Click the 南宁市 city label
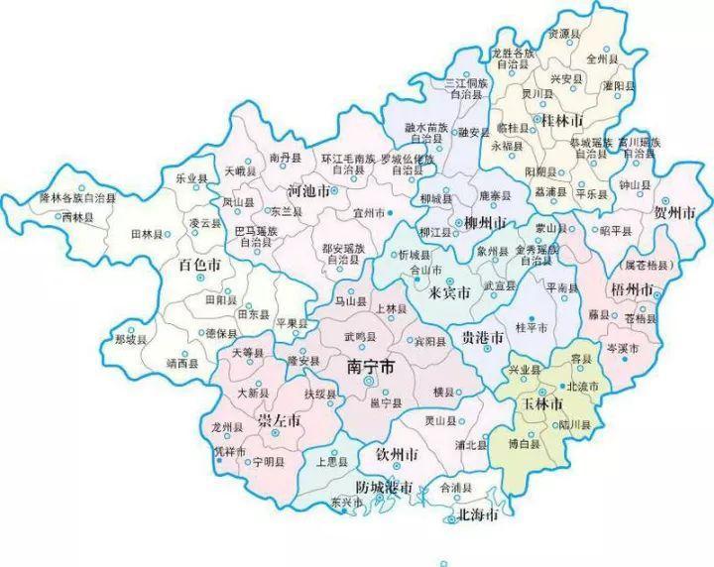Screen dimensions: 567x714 pyautogui.click(x=370, y=367)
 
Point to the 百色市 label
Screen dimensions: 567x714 pyautogui.click(x=198, y=265)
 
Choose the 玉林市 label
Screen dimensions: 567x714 pyautogui.click(x=542, y=404)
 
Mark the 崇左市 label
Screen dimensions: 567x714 pyautogui.click(x=279, y=421)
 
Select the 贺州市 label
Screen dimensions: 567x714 pyautogui.click(x=674, y=211)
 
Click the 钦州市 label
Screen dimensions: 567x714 pyautogui.click(x=395, y=454)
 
